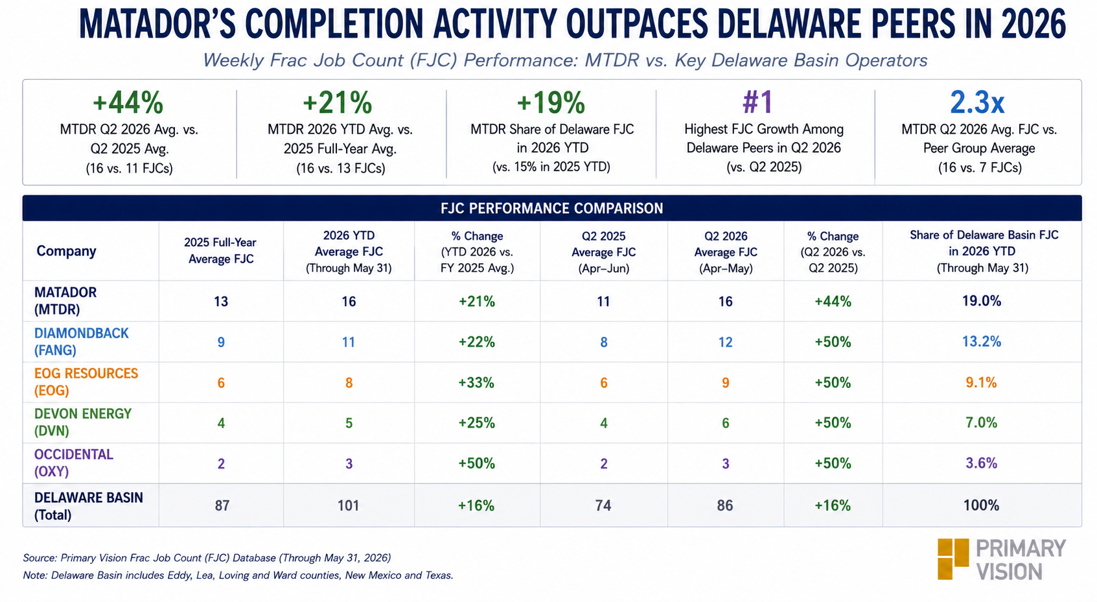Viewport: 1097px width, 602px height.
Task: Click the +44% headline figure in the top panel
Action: click(x=128, y=103)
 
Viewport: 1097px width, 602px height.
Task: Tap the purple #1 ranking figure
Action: click(x=757, y=102)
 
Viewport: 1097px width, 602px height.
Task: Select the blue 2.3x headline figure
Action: click(x=977, y=102)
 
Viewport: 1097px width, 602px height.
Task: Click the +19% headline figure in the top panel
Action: click(x=551, y=103)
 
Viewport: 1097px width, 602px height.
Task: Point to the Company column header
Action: click(x=66, y=251)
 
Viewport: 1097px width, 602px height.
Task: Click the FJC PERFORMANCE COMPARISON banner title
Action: click(x=551, y=208)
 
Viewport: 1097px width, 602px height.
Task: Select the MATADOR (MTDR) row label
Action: click(x=65, y=301)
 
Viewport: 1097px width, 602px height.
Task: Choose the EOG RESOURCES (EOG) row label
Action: click(x=86, y=382)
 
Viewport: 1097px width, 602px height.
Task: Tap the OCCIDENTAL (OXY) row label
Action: click(x=73, y=463)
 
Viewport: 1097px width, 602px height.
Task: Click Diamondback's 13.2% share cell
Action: click(x=982, y=342)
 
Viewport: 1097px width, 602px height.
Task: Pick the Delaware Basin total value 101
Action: click(x=348, y=505)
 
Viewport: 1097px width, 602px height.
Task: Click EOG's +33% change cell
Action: click(x=476, y=382)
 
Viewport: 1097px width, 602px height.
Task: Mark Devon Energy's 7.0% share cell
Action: click(x=982, y=423)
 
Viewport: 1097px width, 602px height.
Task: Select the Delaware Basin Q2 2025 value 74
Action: click(x=603, y=505)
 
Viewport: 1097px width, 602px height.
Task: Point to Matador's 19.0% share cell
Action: click(x=982, y=301)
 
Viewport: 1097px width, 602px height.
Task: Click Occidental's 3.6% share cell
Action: click(x=982, y=463)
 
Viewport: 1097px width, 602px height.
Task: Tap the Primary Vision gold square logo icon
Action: click(x=953, y=559)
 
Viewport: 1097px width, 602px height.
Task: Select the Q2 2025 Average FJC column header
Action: click(x=603, y=252)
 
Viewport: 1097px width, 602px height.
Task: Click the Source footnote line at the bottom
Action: click(x=207, y=558)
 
